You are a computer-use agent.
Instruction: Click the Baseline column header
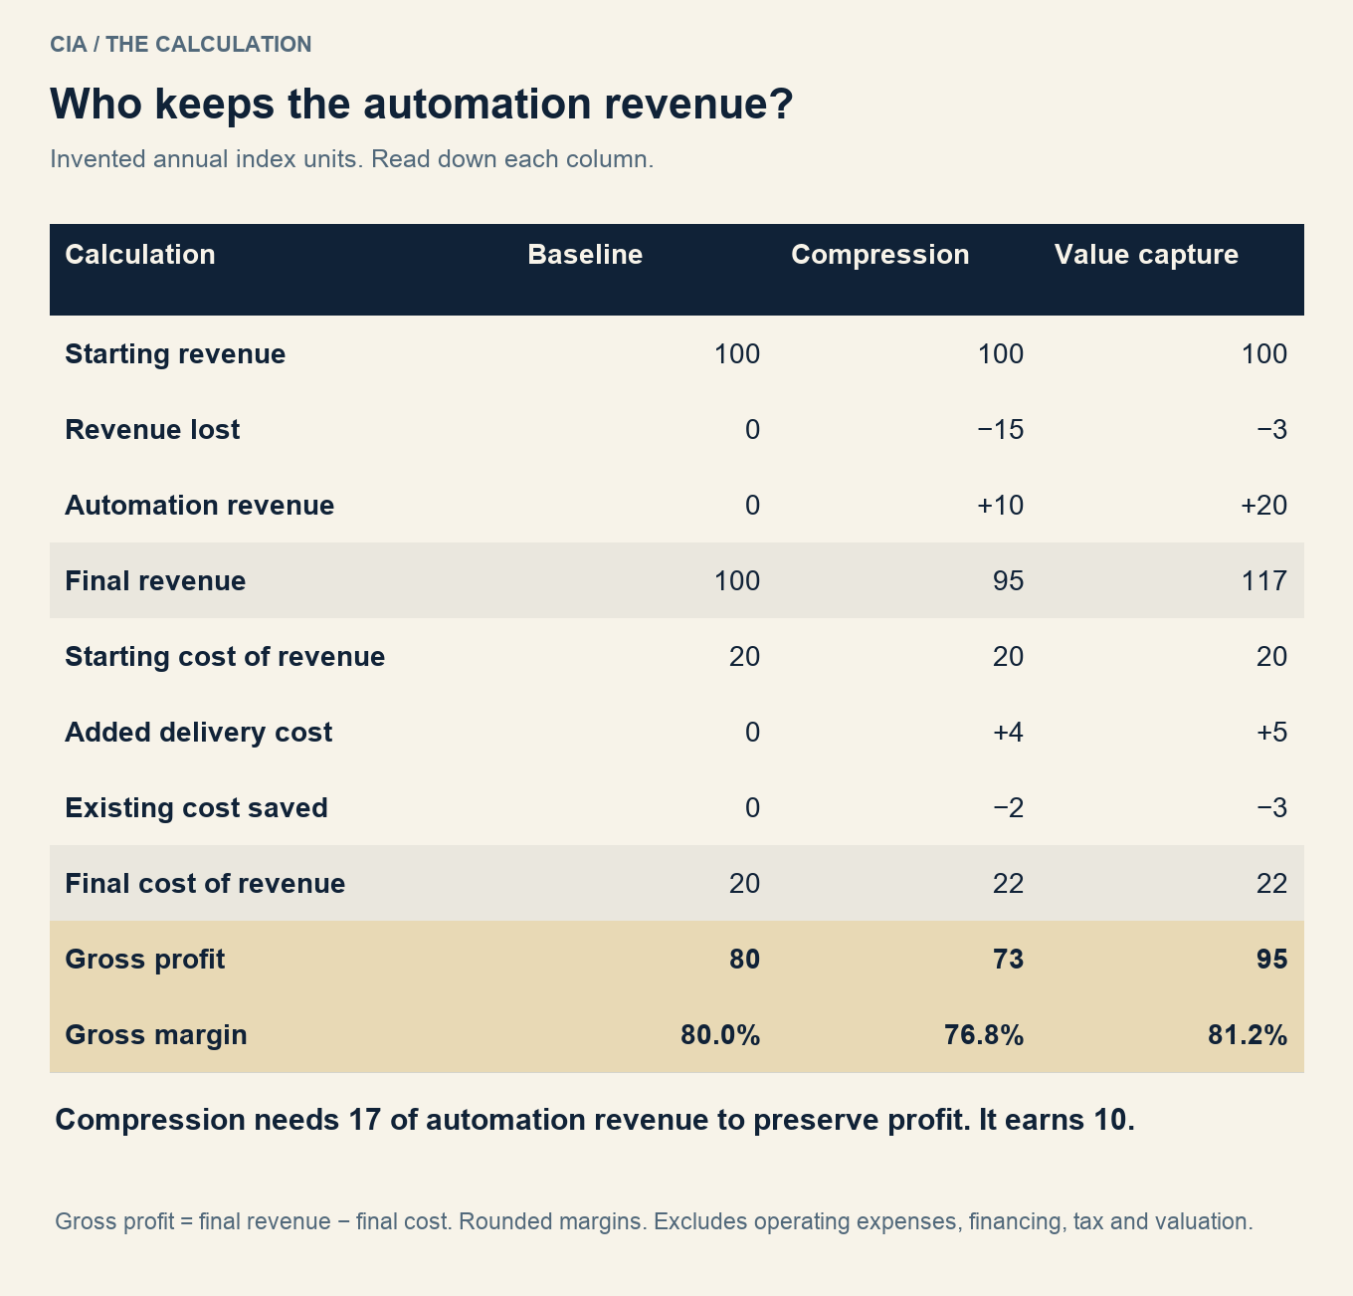(x=585, y=255)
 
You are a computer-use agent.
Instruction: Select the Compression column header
(x=879, y=255)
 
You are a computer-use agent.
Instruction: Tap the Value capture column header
(x=1146, y=255)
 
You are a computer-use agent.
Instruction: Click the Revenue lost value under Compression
(x=1000, y=430)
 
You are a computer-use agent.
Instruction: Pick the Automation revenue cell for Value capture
(x=1263, y=506)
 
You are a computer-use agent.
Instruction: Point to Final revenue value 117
(x=1264, y=581)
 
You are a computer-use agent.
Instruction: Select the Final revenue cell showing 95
(x=1008, y=581)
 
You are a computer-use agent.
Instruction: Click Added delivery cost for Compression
(x=1008, y=733)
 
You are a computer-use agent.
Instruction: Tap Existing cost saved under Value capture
(x=1271, y=808)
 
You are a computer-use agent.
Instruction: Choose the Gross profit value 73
(x=1008, y=960)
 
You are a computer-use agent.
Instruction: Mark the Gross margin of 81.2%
(x=1248, y=1035)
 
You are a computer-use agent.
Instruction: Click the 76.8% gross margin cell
(x=984, y=1035)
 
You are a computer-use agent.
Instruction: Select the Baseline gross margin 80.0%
(x=720, y=1035)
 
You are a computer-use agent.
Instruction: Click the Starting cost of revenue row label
(x=225, y=657)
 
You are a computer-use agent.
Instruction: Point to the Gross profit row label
(x=144, y=960)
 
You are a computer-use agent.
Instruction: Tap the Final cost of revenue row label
(x=205, y=884)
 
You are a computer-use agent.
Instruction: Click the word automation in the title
(x=477, y=105)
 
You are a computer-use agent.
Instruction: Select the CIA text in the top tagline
(x=68, y=45)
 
